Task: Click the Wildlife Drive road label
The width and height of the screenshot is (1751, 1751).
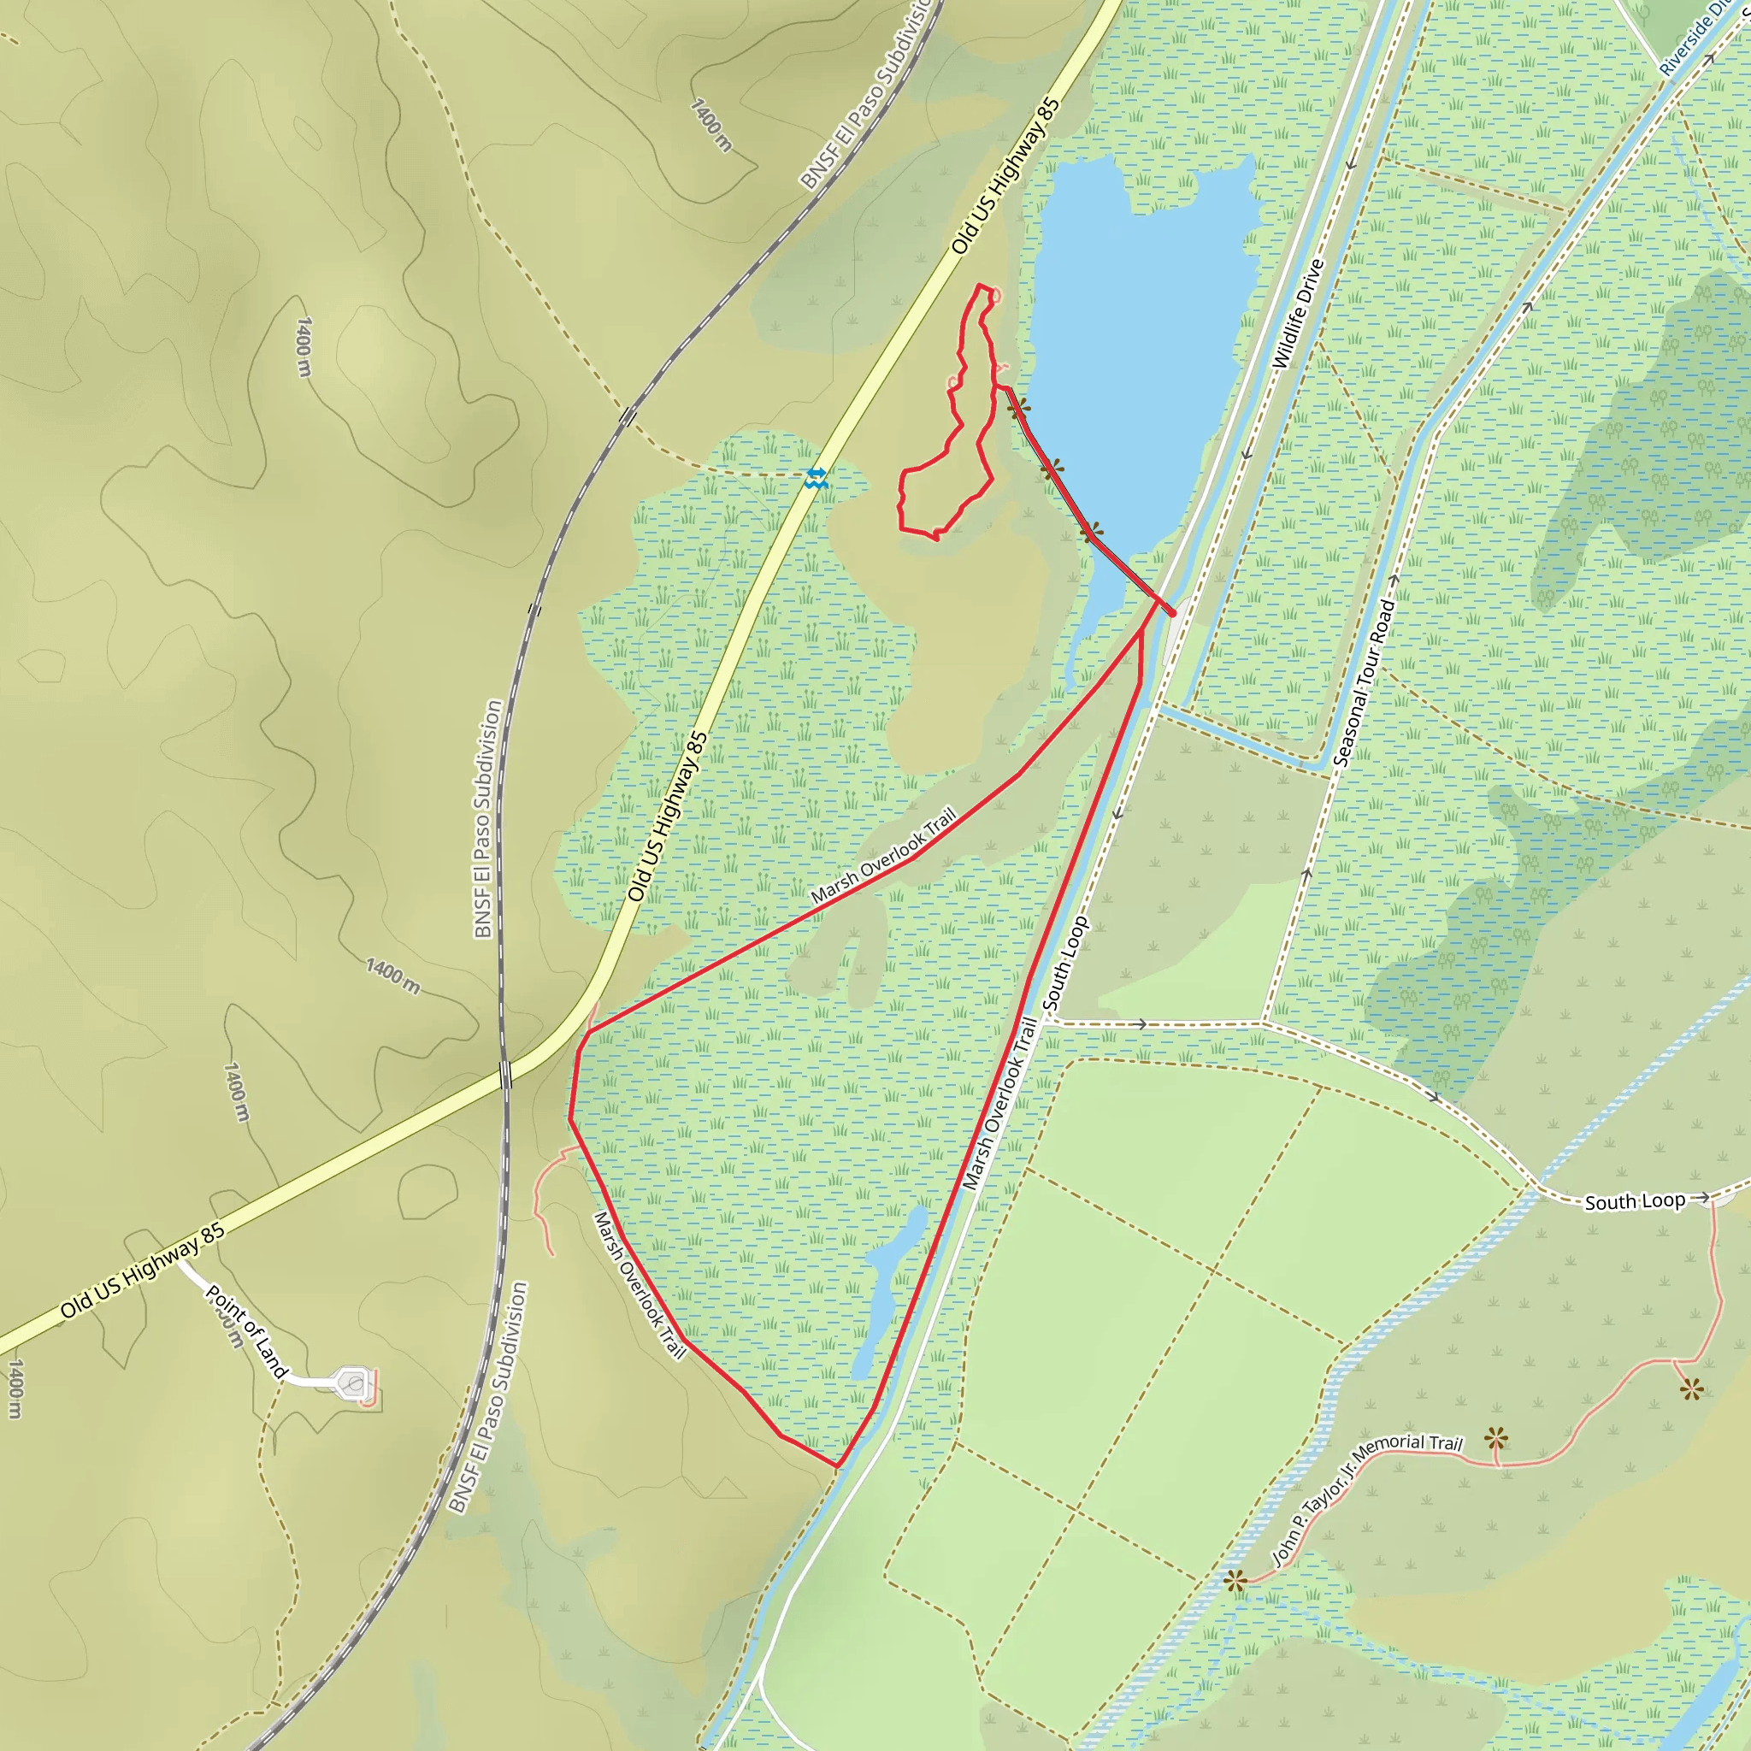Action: pyautogui.click(x=1298, y=315)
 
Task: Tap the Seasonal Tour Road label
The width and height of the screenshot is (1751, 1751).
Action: pyautogui.click(x=1365, y=682)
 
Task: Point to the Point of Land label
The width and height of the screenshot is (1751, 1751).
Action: pyautogui.click(x=245, y=1331)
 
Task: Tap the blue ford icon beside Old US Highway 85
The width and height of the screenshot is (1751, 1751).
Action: pyautogui.click(x=816, y=478)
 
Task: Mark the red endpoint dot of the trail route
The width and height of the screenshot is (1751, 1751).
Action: pyautogui.click(x=1173, y=614)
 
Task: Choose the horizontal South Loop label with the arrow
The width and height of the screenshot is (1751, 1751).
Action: pyautogui.click(x=1635, y=1202)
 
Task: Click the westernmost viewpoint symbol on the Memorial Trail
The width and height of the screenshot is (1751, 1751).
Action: pyautogui.click(x=1235, y=1583)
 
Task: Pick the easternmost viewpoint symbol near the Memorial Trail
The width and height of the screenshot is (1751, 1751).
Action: pyautogui.click(x=1691, y=1388)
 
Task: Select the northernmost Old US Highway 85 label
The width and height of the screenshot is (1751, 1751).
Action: pyautogui.click(x=1005, y=177)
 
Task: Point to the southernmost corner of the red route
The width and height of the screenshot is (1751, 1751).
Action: pyautogui.click(x=836, y=1465)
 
